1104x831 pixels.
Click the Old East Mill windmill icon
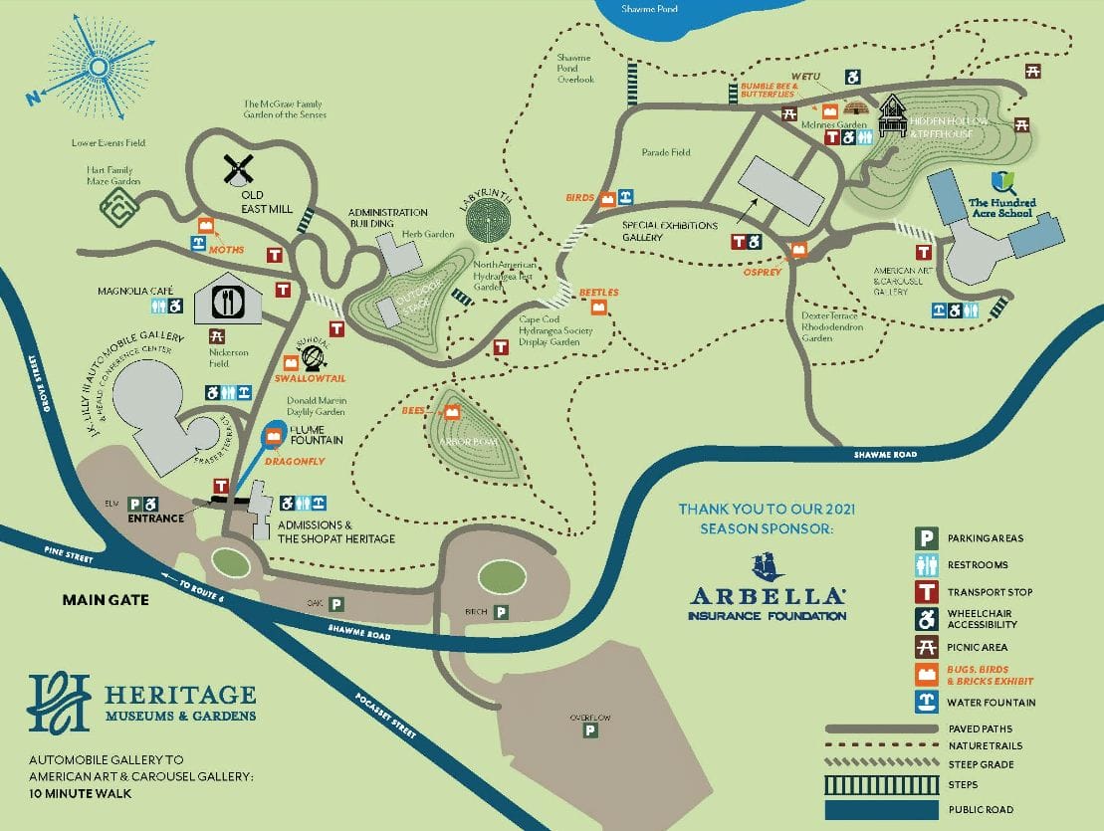(238, 169)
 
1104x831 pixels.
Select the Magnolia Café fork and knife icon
(228, 301)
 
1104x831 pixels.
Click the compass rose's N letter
(33, 97)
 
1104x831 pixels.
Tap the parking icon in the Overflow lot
(589, 731)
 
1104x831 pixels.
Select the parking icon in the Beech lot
(501, 613)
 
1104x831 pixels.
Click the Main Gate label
(106, 599)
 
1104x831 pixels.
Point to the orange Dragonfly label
(296, 462)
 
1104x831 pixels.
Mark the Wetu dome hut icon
(856, 106)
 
